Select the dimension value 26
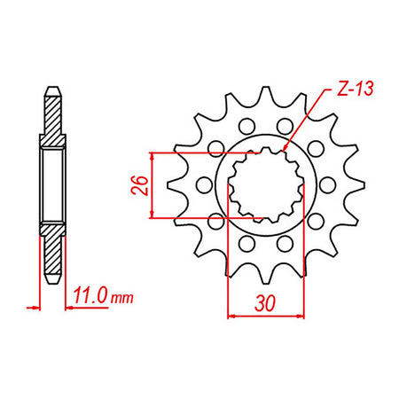[x=139, y=185]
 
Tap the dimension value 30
[x=265, y=303]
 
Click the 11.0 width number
[x=90, y=295]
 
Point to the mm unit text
[x=121, y=298]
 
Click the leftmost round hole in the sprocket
[x=204, y=185]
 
